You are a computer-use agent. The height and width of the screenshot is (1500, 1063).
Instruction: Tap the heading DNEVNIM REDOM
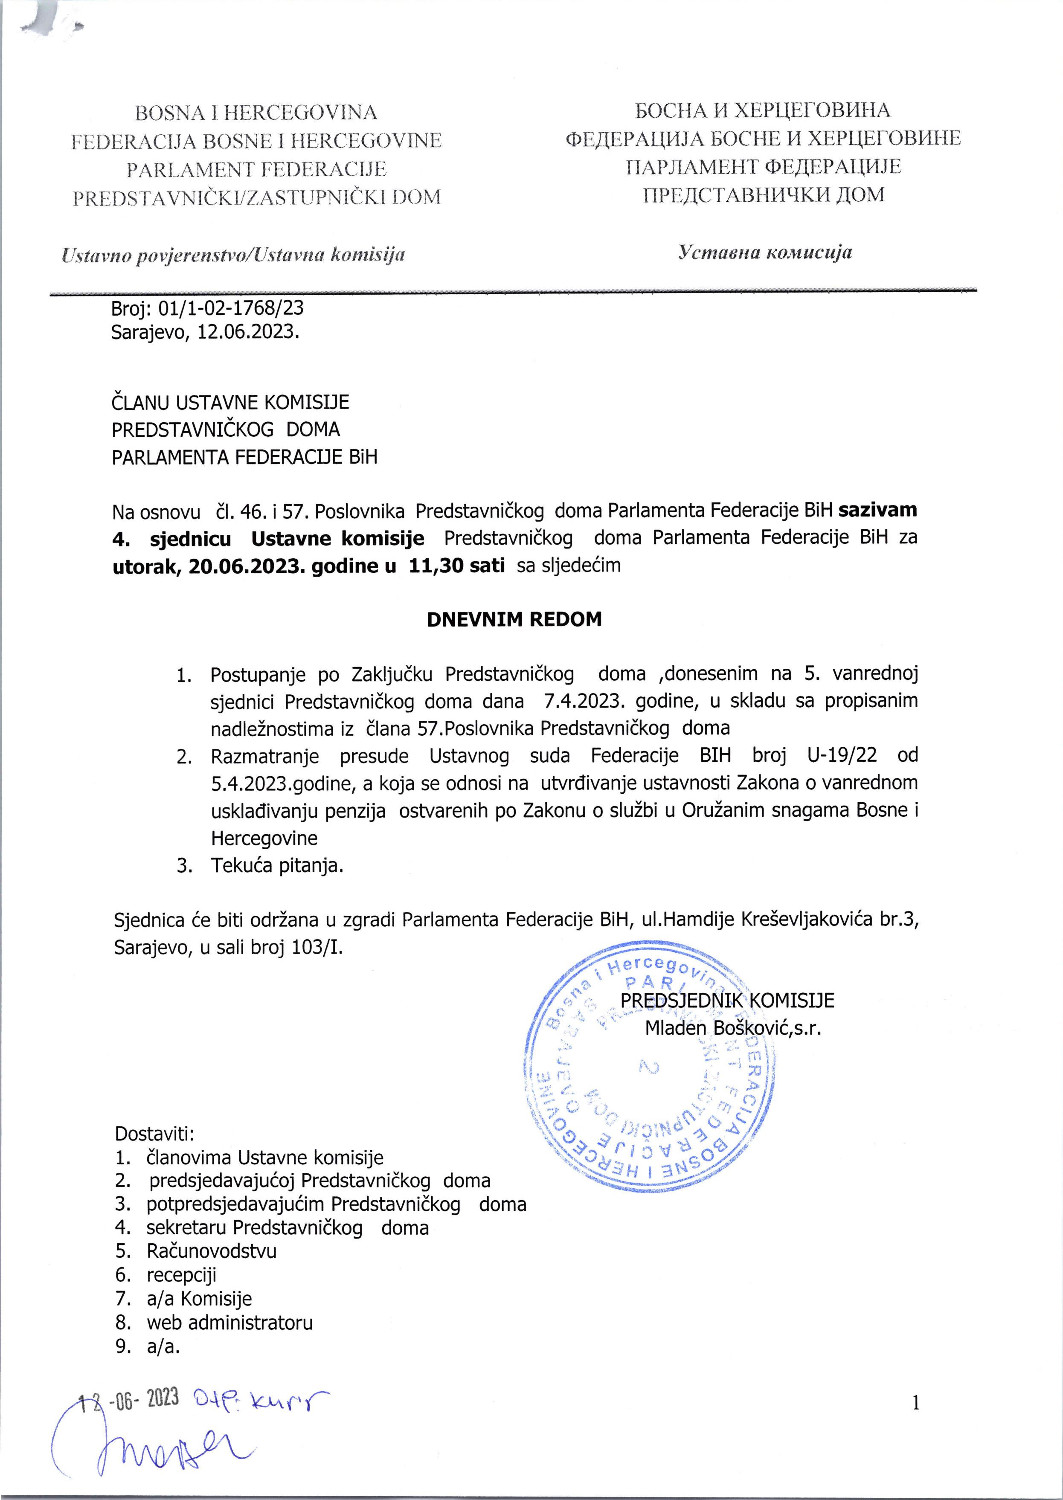click(x=514, y=619)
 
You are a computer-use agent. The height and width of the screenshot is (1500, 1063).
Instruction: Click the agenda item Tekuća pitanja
click(x=276, y=865)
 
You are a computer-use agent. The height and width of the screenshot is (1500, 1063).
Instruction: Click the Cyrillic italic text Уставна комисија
click(x=764, y=252)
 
